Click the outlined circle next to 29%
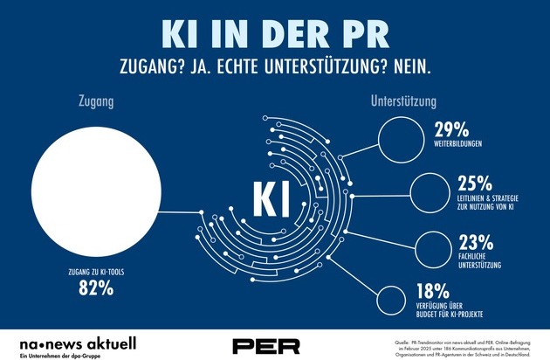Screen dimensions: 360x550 [402, 139]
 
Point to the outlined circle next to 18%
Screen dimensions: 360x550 [402, 300]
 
